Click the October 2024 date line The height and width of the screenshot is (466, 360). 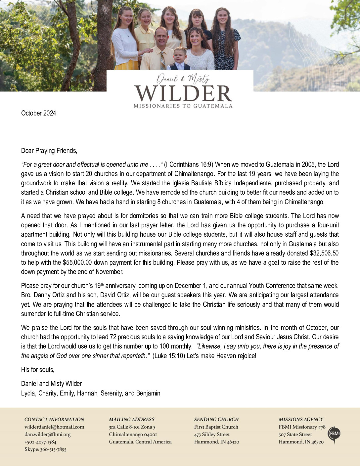pyautogui.click(x=38, y=113)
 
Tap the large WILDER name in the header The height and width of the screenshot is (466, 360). pyautogui.click(x=183, y=94)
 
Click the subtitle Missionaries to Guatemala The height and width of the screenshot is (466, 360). pyautogui.click(x=183, y=106)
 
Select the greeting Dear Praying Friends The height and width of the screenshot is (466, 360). pyautogui.click(x=49, y=151)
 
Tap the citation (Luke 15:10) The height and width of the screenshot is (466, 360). pyautogui.click(x=168, y=356)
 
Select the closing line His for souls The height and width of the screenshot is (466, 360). pyautogui.click(x=38, y=370)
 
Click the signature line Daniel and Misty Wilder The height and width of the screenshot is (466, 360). pyautogui.click(x=52, y=384)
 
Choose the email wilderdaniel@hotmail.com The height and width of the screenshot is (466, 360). pyautogui.click(x=54, y=427)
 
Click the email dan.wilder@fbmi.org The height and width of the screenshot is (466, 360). pyautogui.click(x=47, y=434)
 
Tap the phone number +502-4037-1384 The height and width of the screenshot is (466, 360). pyautogui.click(x=40, y=442)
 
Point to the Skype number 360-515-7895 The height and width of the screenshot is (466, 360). pyautogui.click(x=53, y=449)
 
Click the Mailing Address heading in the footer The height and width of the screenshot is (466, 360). pyautogui.click(x=132, y=419)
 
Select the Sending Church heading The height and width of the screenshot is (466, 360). pyautogui.click(x=216, y=419)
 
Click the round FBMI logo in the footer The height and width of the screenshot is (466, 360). pyautogui.click(x=334, y=434)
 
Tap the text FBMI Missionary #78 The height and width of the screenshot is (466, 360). pyautogui.click(x=302, y=427)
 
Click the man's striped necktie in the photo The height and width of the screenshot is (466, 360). pyautogui.click(x=163, y=61)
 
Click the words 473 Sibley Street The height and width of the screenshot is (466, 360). pyautogui.click(x=212, y=434)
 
